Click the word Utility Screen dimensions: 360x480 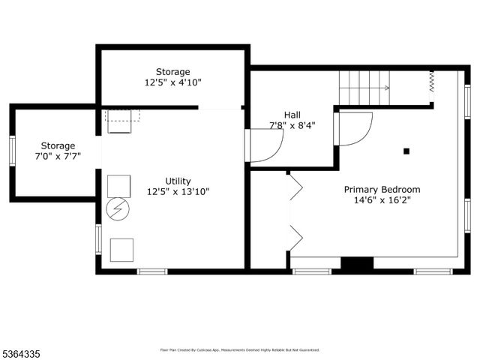pyautogui.click(x=178, y=181)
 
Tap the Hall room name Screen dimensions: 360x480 pyautogui.click(x=292, y=115)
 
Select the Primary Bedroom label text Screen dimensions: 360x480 pyautogui.click(x=382, y=190)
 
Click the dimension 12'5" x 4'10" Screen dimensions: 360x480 pyautogui.click(x=173, y=82)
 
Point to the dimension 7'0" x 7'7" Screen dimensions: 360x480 pyautogui.click(x=58, y=156)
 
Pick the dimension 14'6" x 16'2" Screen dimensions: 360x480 pyautogui.click(x=382, y=200)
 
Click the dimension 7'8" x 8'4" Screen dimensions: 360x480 pyautogui.click(x=292, y=125)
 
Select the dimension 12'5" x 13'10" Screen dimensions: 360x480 pyautogui.click(x=178, y=191)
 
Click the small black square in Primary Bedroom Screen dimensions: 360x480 pyautogui.click(x=406, y=151)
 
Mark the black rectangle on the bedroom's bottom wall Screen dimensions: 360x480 pyautogui.click(x=357, y=264)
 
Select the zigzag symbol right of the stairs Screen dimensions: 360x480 pyautogui.click(x=432, y=81)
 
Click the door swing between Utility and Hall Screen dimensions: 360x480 pyautogui.click(x=264, y=145)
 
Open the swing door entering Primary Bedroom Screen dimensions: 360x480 pyautogui.click(x=355, y=128)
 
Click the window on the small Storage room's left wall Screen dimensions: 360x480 pyautogui.click(x=12, y=150)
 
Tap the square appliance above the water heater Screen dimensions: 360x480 pyautogui.click(x=118, y=185)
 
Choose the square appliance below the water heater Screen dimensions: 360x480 pyautogui.click(x=121, y=249)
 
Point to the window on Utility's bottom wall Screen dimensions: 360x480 pyautogui.click(x=151, y=271)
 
